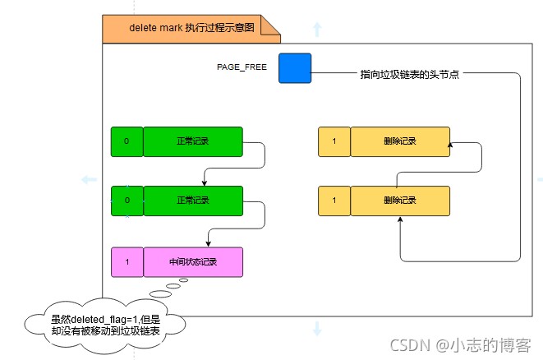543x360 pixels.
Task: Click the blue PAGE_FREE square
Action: click(x=295, y=68)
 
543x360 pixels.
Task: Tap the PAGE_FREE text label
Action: click(x=242, y=67)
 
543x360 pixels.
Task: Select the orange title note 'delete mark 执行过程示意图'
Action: click(x=191, y=29)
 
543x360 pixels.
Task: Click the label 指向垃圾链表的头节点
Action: click(x=409, y=74)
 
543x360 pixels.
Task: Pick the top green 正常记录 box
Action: click(x=193, y=141)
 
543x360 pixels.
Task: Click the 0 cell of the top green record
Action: click(x=127, y=141)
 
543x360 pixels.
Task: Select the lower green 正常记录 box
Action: click(x=193, y=201)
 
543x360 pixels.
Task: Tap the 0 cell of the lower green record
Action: click(x=127, y=201)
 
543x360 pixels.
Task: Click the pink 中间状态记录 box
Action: click(x=193, y=262)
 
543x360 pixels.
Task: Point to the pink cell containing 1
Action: click(x=127, y=262)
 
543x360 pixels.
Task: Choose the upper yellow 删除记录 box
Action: click(x=400, y=141)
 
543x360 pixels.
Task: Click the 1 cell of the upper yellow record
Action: click(x=334, y=141)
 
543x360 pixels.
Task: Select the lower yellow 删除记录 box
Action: click(x=400, y=201)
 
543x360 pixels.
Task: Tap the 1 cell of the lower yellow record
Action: click(x=334, y=201)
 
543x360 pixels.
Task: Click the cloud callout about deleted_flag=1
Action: click(x=105, y=325)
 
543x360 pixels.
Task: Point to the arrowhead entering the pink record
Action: click(x=208, y=244)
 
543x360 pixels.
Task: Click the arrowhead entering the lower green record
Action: click(x=205, y=183)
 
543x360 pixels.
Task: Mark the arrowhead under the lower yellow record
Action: click(x=400, y=219)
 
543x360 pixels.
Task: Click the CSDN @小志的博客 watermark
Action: click(x=461, y=345)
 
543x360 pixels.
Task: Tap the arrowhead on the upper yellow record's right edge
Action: click(x=450, y=144)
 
